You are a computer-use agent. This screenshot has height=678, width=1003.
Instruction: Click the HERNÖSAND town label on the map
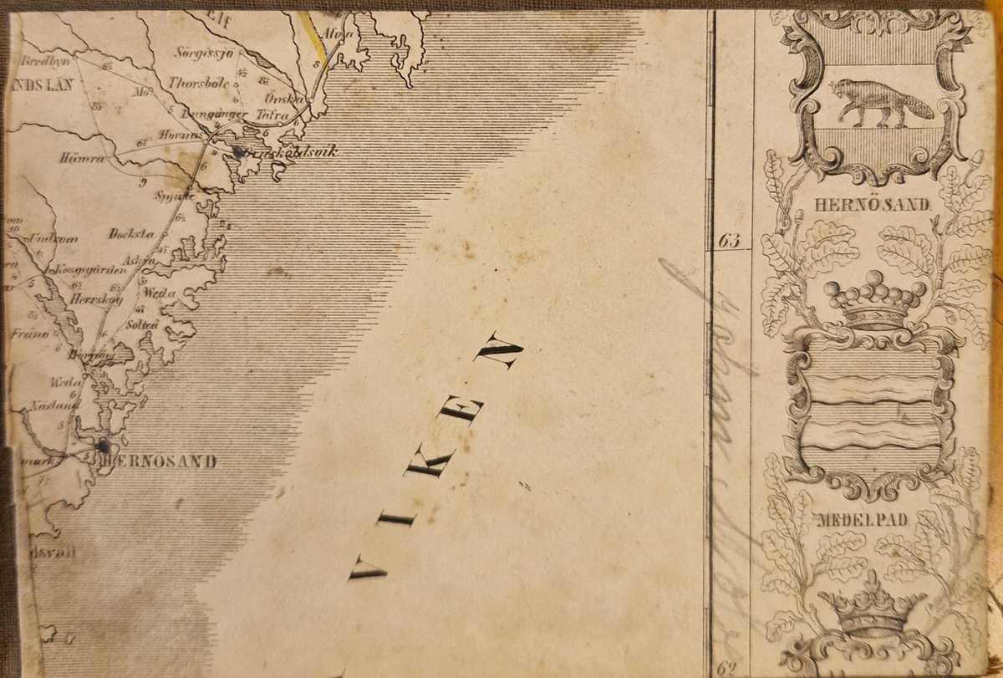pos(158,461)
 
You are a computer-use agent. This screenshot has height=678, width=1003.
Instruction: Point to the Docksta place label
pos(128,234)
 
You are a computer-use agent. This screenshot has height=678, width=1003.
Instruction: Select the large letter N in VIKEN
pos(498,351)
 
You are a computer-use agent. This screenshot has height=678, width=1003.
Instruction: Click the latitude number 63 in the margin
pos(729,242)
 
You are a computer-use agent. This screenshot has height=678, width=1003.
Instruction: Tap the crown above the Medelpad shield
pos(874,301)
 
